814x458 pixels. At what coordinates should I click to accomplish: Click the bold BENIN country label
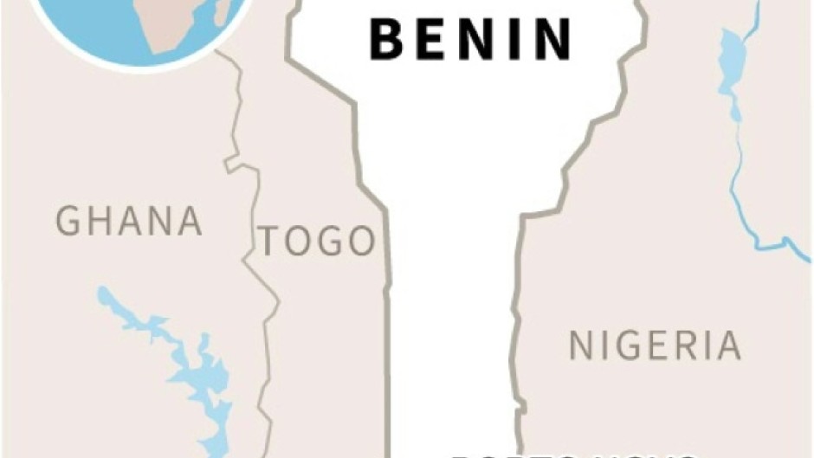pos(470,40)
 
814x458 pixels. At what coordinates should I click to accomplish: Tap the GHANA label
pos(129,222)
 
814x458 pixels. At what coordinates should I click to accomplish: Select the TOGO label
pos(318,242)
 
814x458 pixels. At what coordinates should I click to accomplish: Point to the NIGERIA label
pos(655,345)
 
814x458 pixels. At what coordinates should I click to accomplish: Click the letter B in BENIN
pos(385,40)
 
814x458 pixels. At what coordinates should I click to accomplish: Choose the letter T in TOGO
pos(271,242)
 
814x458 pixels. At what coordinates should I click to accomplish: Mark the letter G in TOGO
pos(333,242)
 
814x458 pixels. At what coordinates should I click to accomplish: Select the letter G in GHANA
pos(68,222)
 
